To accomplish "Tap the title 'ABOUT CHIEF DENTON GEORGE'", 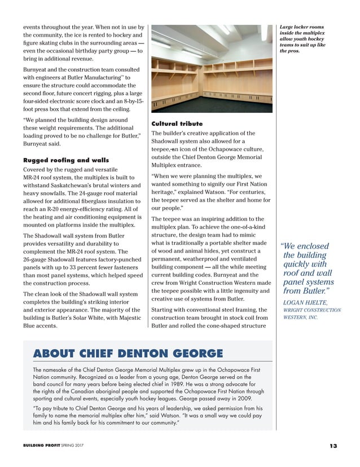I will coord(128,354).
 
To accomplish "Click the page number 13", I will coord(333,446).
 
